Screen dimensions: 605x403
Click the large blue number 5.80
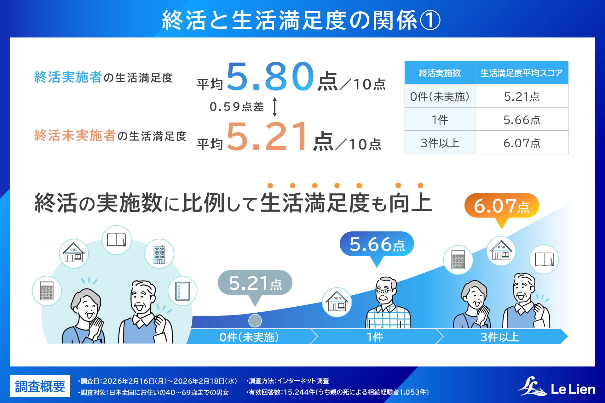270,76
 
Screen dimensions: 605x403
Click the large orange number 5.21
267,136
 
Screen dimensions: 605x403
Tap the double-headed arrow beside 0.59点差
275,107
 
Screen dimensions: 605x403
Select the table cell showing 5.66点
521,119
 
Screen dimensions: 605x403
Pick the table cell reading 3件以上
440,143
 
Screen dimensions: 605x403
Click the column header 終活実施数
440,73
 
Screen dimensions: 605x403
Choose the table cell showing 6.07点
521,143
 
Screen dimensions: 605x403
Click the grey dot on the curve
255,321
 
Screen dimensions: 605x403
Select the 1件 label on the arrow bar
375,337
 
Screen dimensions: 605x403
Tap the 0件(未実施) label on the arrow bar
249,337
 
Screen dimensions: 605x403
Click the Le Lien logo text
573,389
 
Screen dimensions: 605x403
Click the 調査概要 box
40,386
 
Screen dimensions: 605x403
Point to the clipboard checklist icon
183,291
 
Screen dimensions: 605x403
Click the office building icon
159,254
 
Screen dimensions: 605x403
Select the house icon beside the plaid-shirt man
337,302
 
